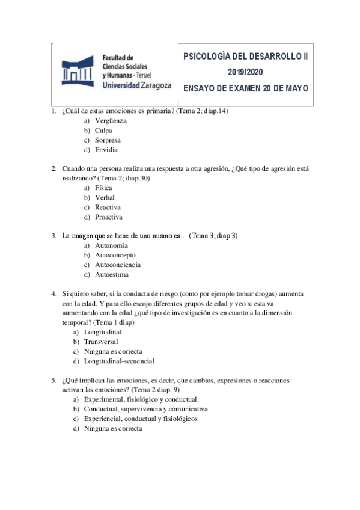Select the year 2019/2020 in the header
[245, 72]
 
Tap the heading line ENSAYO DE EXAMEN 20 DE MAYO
[245, 87]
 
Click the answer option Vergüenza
[111, 120]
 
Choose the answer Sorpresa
[108, 140]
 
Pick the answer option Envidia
[106, 149]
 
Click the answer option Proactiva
[109, 217]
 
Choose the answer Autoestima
[112, 274]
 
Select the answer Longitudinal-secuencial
[119, 361]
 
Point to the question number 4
[53, 293]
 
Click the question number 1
[53, 111]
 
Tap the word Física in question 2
[103, 188]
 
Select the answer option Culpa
[103, 130]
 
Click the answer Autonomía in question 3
[111, 245]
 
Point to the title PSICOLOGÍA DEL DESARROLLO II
[245, 57]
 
